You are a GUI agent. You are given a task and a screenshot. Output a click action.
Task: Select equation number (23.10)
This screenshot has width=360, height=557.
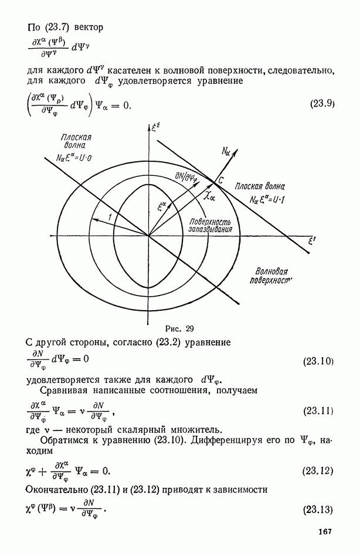[318, 362]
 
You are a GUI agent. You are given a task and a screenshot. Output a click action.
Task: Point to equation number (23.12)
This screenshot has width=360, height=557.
[318, 471]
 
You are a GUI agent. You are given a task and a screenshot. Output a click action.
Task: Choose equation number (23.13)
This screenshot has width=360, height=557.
[318, 510]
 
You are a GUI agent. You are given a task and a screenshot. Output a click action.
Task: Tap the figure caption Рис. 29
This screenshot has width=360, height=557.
[179, 328]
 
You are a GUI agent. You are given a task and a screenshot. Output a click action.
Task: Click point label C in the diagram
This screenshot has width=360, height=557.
[220, 180]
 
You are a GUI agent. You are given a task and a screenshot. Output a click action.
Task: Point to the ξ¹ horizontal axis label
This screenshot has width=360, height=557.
[313, 242]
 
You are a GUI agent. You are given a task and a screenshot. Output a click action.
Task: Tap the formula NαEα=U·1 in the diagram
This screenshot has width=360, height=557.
[267, 200]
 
